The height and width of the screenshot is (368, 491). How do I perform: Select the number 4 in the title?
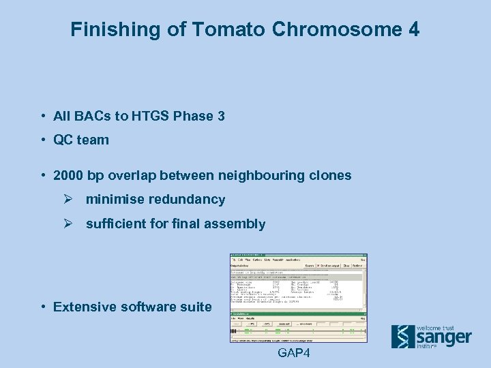pos(414,29)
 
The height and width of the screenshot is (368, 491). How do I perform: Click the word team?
pos(93,140)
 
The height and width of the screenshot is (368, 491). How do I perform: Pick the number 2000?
pos(69,176)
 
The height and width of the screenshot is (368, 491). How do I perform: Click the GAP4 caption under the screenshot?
pos(294,353)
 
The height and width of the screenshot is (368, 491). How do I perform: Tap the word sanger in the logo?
pos(443,337)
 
